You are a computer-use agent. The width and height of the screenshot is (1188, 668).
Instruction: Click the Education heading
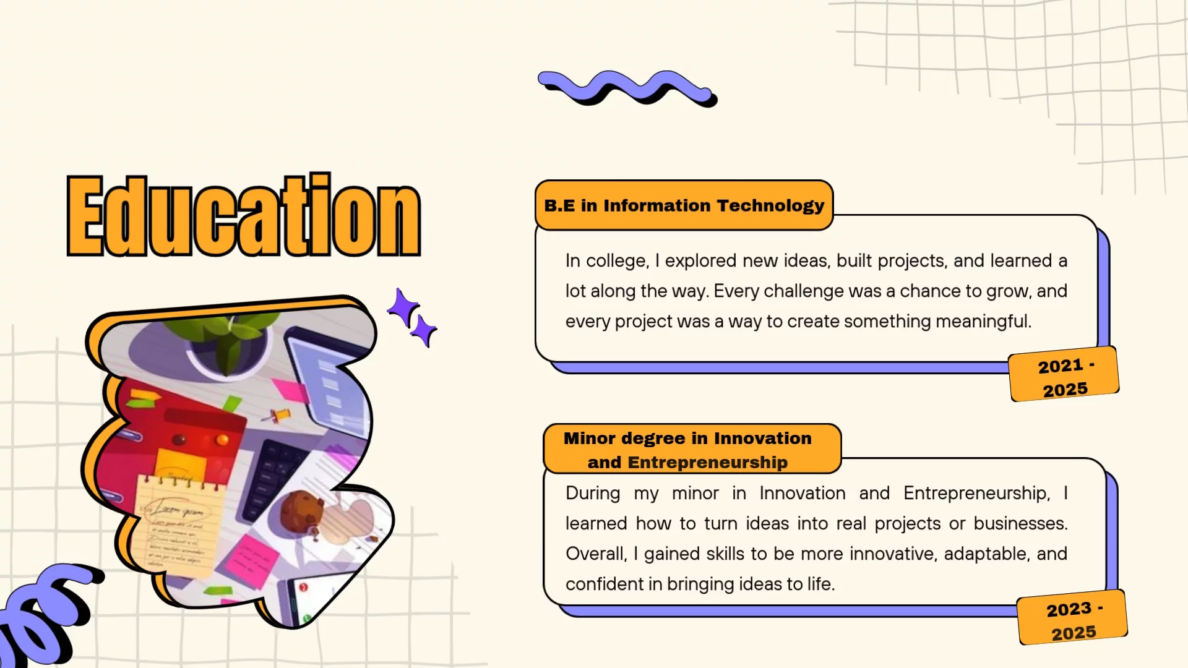[x=244, y=215]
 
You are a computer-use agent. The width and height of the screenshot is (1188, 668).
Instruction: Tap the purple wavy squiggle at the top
[x=627, y=88]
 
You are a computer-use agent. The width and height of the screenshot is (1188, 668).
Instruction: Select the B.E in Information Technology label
[x=684, y=205]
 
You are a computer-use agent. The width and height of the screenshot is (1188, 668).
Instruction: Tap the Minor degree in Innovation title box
[x=692, y=449]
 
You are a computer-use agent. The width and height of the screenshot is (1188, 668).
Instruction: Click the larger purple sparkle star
[x=403, y=307]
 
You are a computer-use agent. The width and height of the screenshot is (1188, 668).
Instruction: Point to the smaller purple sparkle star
[x=424, y=331]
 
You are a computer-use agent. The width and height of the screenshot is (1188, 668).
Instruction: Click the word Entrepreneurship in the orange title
[x=708, y=463]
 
